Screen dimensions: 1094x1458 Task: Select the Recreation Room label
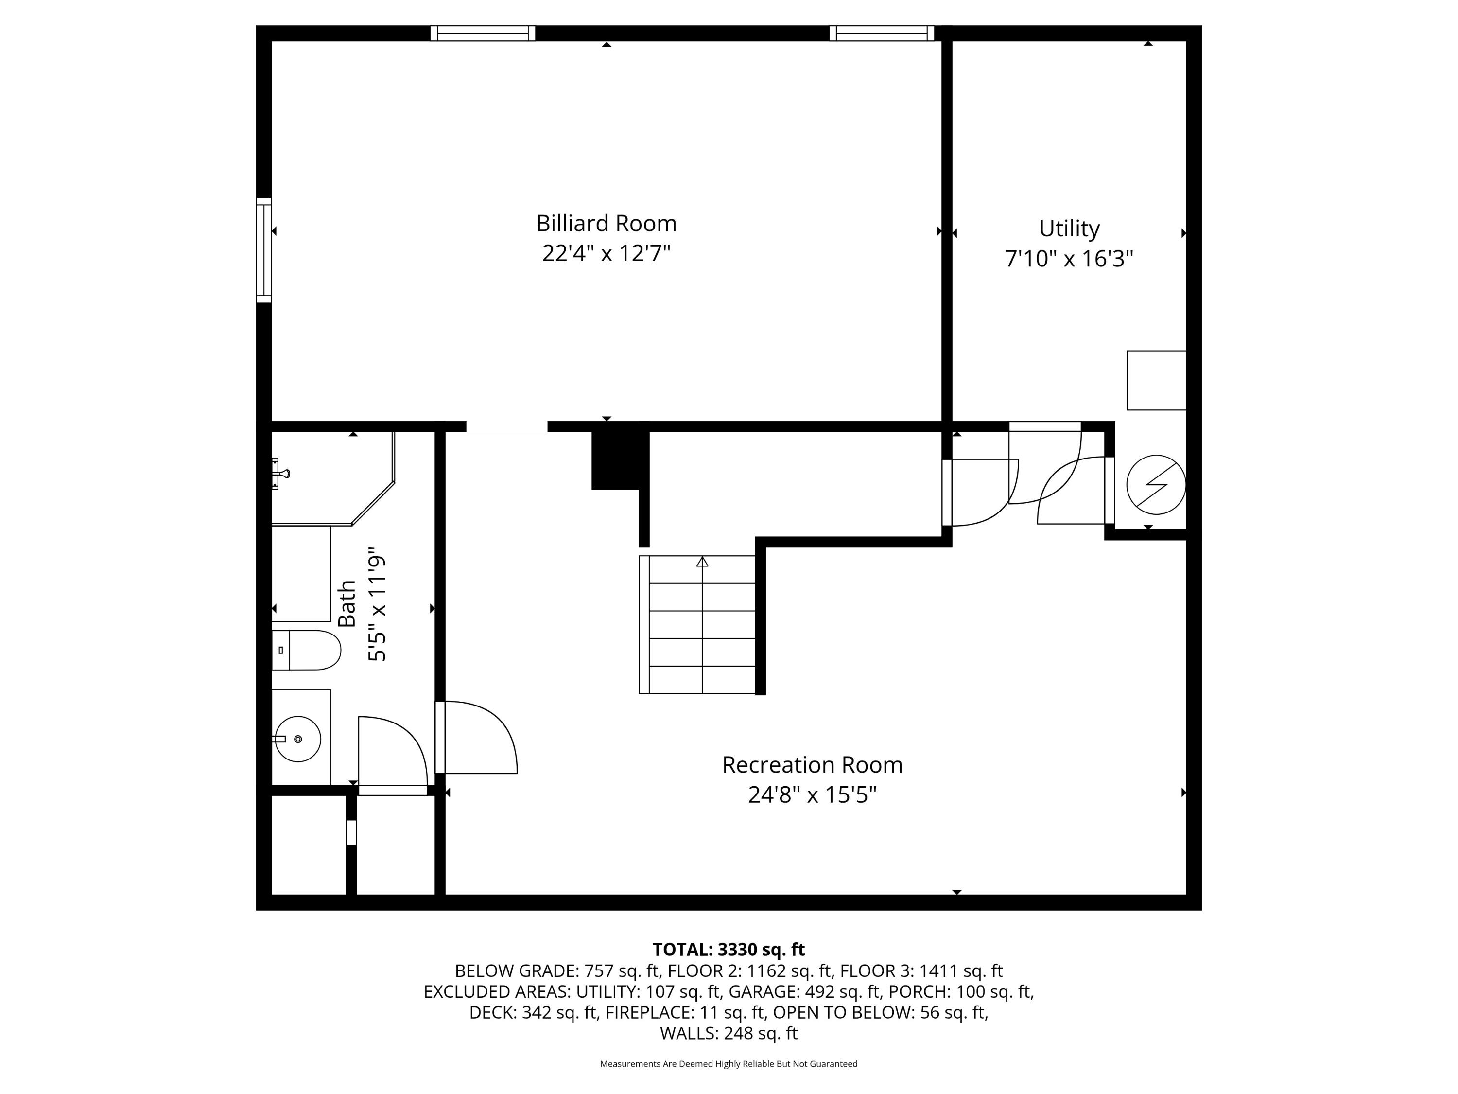click(812, 765)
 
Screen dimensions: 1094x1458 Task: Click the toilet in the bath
click(307, 650)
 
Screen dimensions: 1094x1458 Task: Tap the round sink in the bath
click(297, 739)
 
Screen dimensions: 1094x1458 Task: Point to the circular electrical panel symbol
click(1156, 485)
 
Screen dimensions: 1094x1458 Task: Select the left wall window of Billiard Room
click(263, 250)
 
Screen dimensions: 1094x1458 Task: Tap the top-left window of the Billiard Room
click(483, 33)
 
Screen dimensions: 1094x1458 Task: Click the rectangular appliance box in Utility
click(1156, 381)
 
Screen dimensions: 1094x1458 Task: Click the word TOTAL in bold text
click(681, 950)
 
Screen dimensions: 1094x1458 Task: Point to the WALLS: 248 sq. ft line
click(729, 1033)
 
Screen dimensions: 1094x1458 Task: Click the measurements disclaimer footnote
click(729, 1064)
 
